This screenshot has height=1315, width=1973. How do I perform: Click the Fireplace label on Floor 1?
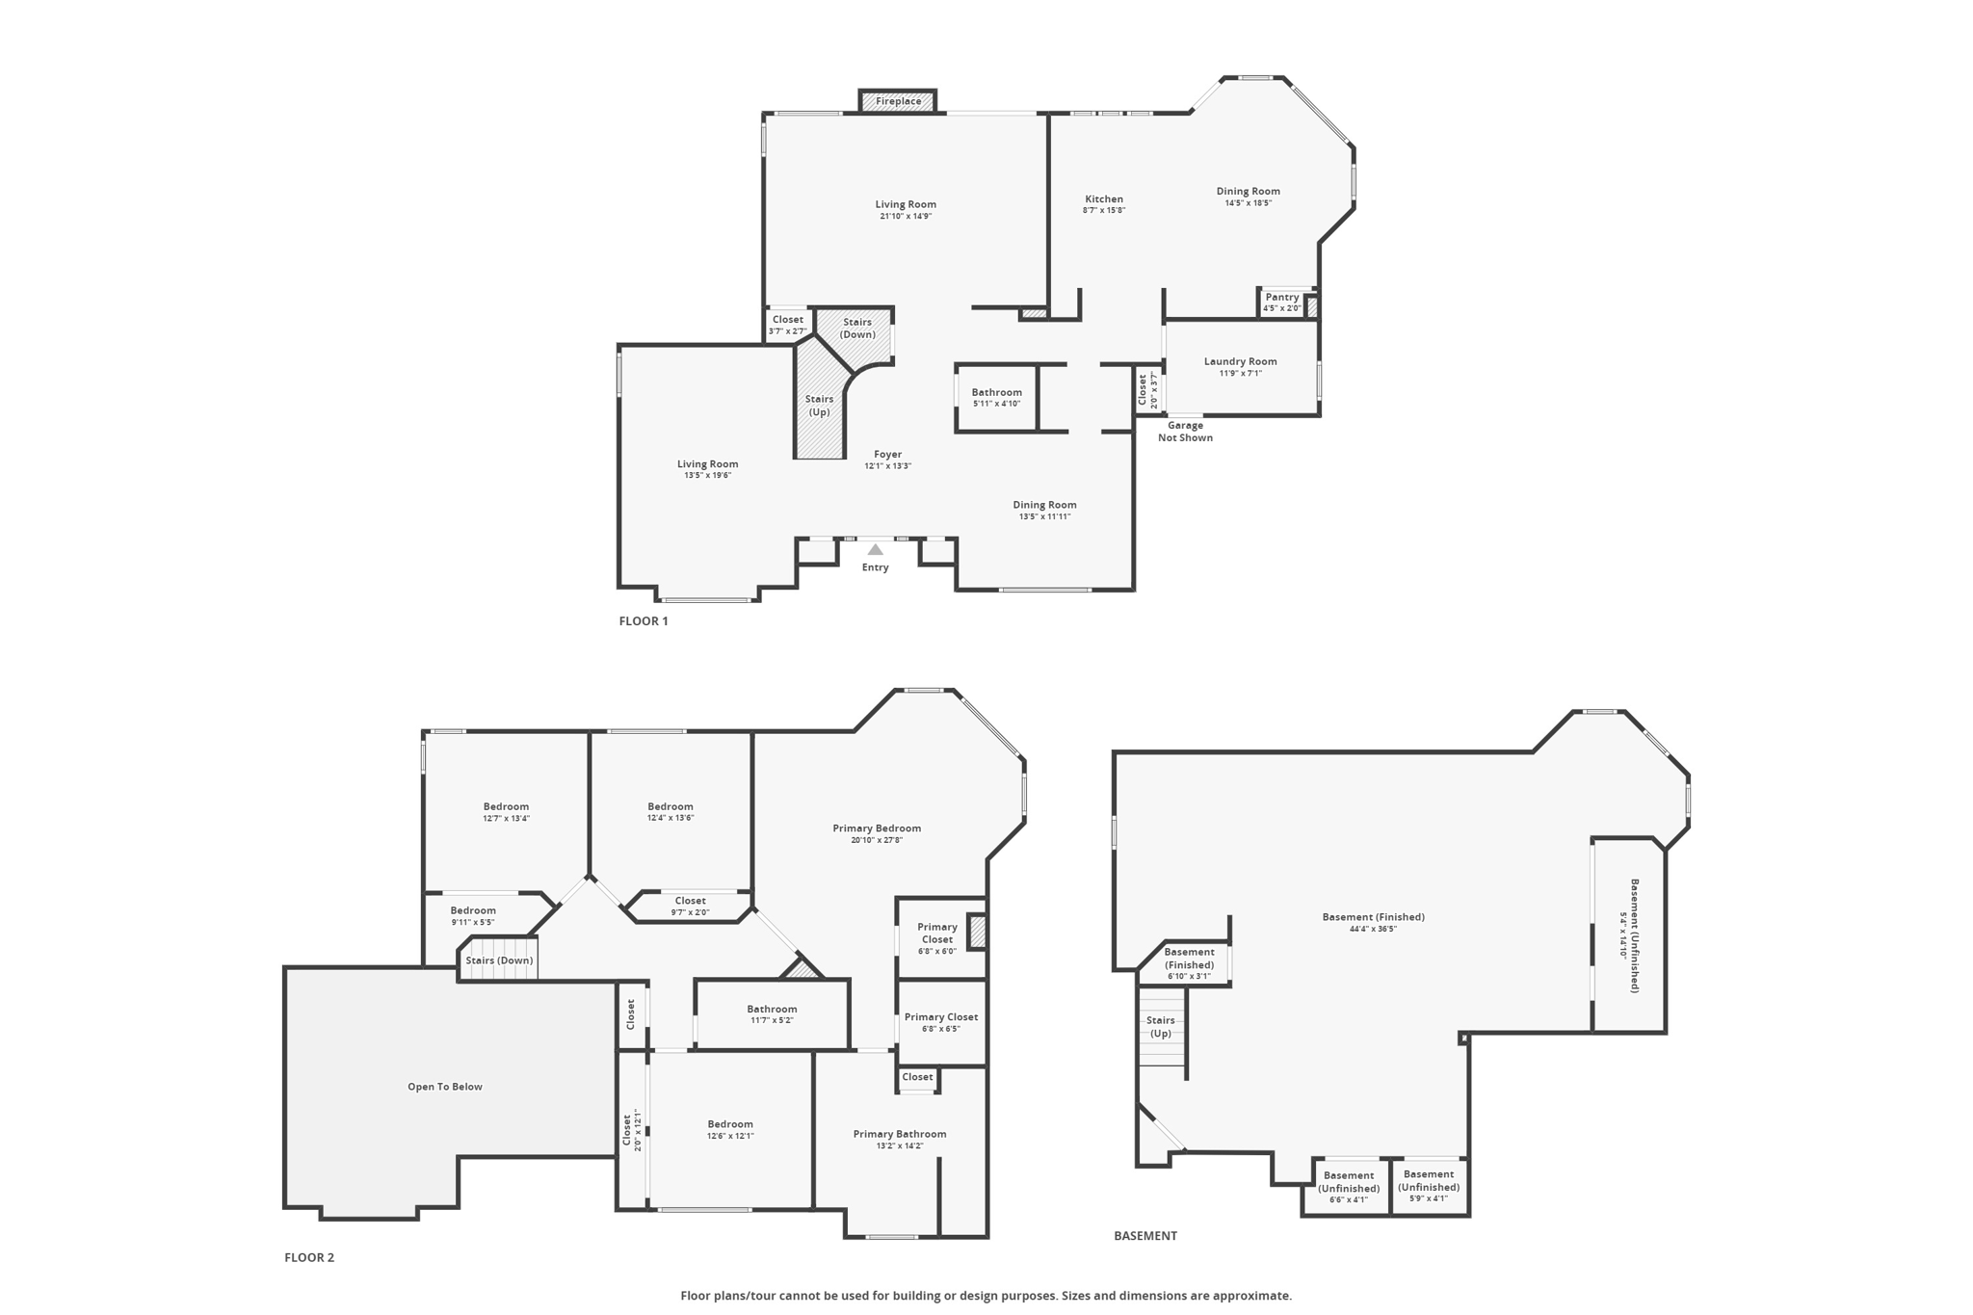(x=898, y=101)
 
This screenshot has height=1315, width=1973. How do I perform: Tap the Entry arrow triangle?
(x=875, y=550)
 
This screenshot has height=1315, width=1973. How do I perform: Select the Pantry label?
(x=1282, y=297)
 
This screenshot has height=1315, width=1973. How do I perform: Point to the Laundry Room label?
(x=1240, y=361)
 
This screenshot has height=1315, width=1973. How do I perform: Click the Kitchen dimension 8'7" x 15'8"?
(x=1104, y=210)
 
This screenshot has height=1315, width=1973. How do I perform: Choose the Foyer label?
(x=887, y=454)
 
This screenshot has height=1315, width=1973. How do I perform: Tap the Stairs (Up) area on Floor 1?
(x=819, y=405)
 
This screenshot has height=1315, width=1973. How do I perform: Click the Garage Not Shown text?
(x=1185, y=432)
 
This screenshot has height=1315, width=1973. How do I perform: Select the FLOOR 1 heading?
(x=644, y=621)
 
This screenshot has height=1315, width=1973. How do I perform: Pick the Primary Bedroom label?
(x=877, y=828)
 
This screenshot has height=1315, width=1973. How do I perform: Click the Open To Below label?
(x=445, y=1087)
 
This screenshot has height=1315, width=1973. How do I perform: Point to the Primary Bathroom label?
(x=900, y=1134)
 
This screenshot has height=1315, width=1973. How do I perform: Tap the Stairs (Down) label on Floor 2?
(x=499, y=960)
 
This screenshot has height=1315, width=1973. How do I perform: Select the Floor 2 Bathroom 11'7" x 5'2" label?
(x=772, y=1014)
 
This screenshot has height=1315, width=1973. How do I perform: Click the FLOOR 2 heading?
(x=309, y=1257)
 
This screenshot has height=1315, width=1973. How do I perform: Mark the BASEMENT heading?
(x=1145, y=1236)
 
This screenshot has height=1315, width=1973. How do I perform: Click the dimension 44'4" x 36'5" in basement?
(x=1373, y=929)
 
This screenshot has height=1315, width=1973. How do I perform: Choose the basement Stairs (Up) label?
(x=1161, y=1027)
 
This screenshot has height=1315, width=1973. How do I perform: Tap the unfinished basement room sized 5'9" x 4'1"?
(x=1430, y=1187)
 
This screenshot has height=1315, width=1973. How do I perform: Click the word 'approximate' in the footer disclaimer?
(x=1254, y=1296)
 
